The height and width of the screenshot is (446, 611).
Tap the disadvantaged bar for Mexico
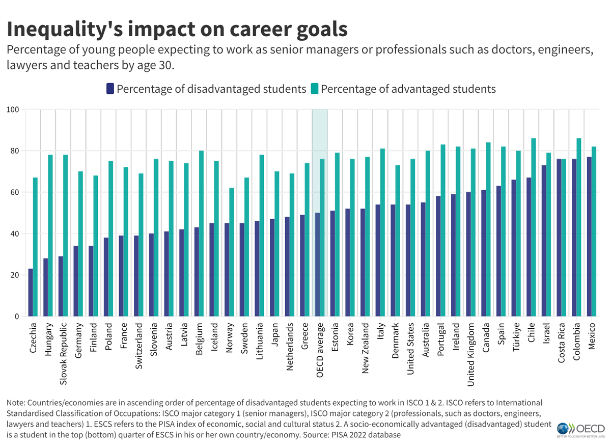[589, 237]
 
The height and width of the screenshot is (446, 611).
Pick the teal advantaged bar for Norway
[232, 252]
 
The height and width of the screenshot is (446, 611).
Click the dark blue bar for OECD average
[317, 265]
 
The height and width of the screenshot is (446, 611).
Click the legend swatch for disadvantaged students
[110, 89]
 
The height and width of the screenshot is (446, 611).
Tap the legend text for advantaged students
[408, 89]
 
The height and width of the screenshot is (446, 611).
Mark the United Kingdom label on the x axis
[471, 352]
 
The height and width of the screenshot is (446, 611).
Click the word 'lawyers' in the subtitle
[25, 65]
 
